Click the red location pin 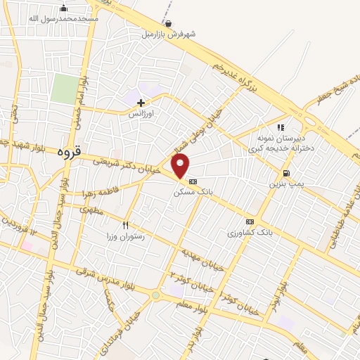(x=181, y=166)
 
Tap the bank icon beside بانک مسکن (x=193, y=181)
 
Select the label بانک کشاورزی (x=250, y=231)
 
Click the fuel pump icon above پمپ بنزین (x=285, y=173)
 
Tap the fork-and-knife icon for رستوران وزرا (x=125, y=226)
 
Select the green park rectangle (x=65, y=89)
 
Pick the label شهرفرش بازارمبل (x=169, y=33)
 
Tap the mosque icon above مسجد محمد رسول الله (x=64, y=8)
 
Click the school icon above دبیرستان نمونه (x=281, y=128)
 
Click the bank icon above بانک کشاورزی (x=250, y=221)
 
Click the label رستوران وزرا (x=124, y=237)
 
